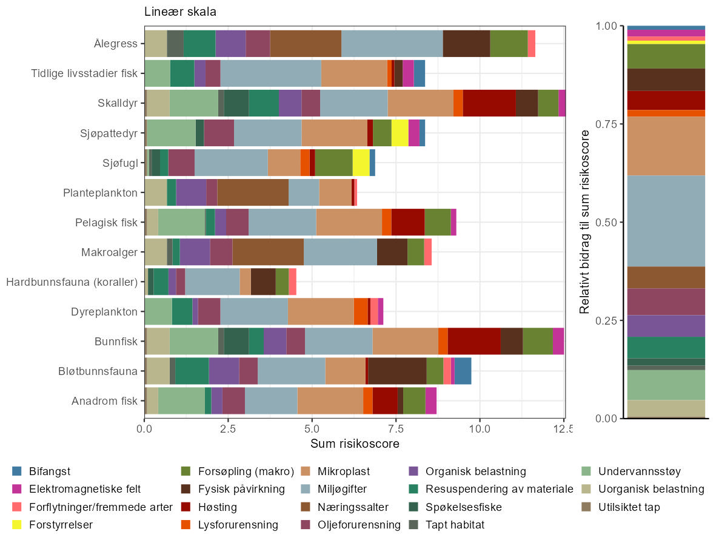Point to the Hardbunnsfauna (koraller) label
72,282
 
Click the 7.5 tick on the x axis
395,428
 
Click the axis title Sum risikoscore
355,444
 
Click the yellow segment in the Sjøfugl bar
361,163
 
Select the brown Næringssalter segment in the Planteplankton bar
253,192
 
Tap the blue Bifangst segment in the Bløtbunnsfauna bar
463,371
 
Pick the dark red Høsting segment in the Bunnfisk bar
474,342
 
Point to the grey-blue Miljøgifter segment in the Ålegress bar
392,44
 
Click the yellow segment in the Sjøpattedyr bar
400,133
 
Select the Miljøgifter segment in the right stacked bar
666,221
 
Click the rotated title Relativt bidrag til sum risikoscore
585,221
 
